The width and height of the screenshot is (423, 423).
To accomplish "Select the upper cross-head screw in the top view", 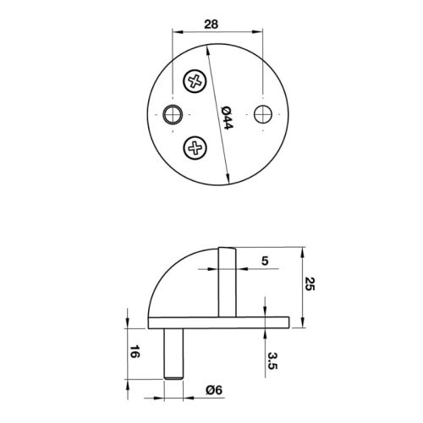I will pyautogui.click(x=195, y=82).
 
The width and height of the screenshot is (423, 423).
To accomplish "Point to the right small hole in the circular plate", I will pyautogui.click(x=264, y=113).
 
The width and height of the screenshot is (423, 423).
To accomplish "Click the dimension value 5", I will pyautogui.click(x=265, y=262).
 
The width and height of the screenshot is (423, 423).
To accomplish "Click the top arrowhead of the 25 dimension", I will pyautogui.click(x=302, y=250).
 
